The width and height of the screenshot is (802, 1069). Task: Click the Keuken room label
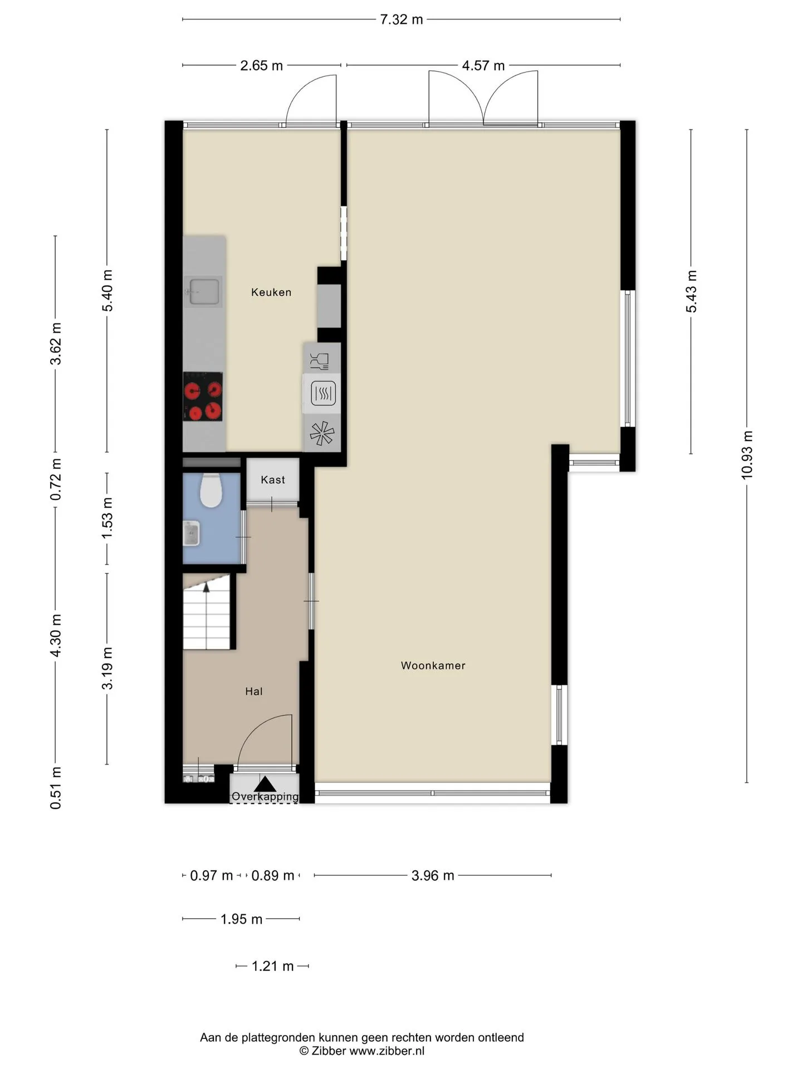point(271,292)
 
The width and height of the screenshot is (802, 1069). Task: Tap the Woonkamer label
point(433,665)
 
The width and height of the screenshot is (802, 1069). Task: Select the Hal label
point(254,692)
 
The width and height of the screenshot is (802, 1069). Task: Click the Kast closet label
point(273,480)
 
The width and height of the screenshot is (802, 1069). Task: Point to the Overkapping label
point(265,797)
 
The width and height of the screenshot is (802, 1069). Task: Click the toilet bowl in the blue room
point(211,490)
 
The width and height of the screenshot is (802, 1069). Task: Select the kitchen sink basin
point(204,291)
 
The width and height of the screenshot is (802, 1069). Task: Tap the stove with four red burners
point(203,396)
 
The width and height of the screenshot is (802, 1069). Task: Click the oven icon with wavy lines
point(322,394)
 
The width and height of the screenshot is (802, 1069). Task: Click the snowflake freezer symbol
point(322,434)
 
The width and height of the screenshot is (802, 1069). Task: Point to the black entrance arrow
point(265,784)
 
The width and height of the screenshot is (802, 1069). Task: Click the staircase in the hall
point(207,612)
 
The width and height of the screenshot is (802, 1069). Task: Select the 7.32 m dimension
point(402,20)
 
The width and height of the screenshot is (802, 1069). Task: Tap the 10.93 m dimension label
point(747,455)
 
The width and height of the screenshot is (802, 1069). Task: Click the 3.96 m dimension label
point(433,876)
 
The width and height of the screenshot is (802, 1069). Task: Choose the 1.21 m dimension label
point(272,966)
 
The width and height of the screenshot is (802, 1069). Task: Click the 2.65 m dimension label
point(261,66)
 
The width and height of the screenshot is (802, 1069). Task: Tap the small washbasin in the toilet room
point(191,533)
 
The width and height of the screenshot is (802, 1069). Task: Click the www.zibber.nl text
point(387,1051)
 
